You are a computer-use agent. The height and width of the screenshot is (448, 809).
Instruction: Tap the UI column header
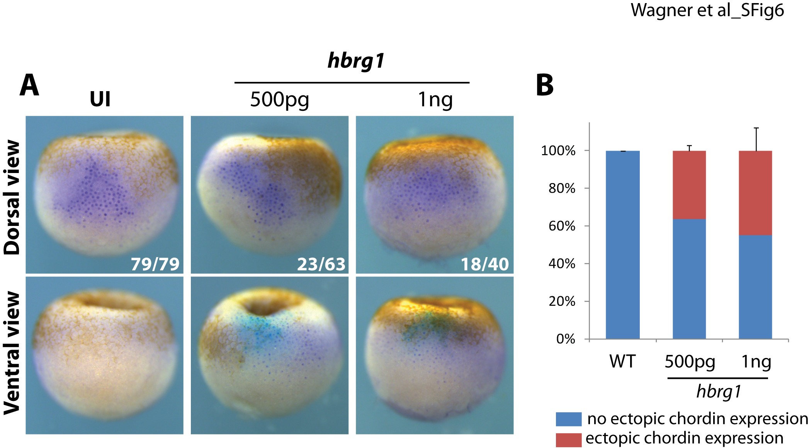pyautogui.click(x=100, y=99)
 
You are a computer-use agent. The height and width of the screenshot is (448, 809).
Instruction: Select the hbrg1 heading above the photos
pyautogui.click(x=356, y=61)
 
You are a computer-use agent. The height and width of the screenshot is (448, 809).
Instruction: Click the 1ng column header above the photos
pyautogui.click(x=435, y=100)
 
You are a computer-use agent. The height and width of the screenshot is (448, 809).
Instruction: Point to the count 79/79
pyautogui.click(x=155, y=264)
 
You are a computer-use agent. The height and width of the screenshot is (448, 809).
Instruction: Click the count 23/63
pyautogui.click(x=321, y=264)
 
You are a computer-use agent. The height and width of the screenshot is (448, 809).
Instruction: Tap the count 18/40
pyautogui.click(x=485, y=264)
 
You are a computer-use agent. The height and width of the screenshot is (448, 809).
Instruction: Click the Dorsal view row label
pyautogui.click(x=12, y=197)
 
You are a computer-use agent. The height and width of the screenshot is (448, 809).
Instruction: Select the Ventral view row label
pyautogui.click(x=12, y=353)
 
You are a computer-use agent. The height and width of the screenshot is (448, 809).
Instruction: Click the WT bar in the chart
pyautogui.click(x=622, y=245)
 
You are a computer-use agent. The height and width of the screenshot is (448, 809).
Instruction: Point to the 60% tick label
pyautogui.click(x=562, y=226)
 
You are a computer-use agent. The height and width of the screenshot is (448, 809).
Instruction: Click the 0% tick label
pyautogui.click(x=566, y=339)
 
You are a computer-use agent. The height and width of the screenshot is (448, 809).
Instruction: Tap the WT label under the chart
pyautogui.click(x=622, y=361)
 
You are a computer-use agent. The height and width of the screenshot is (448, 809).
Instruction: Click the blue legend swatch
pyautogui.click(x=568, y=419)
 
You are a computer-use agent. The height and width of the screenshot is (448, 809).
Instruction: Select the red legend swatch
pyautogui.click(x=568, y=440)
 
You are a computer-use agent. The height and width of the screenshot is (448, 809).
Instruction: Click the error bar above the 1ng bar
pyautogui.click(x=756, y=139)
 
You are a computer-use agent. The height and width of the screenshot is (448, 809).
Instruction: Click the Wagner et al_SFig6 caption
pyautogui.click(x=707, y=10)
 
